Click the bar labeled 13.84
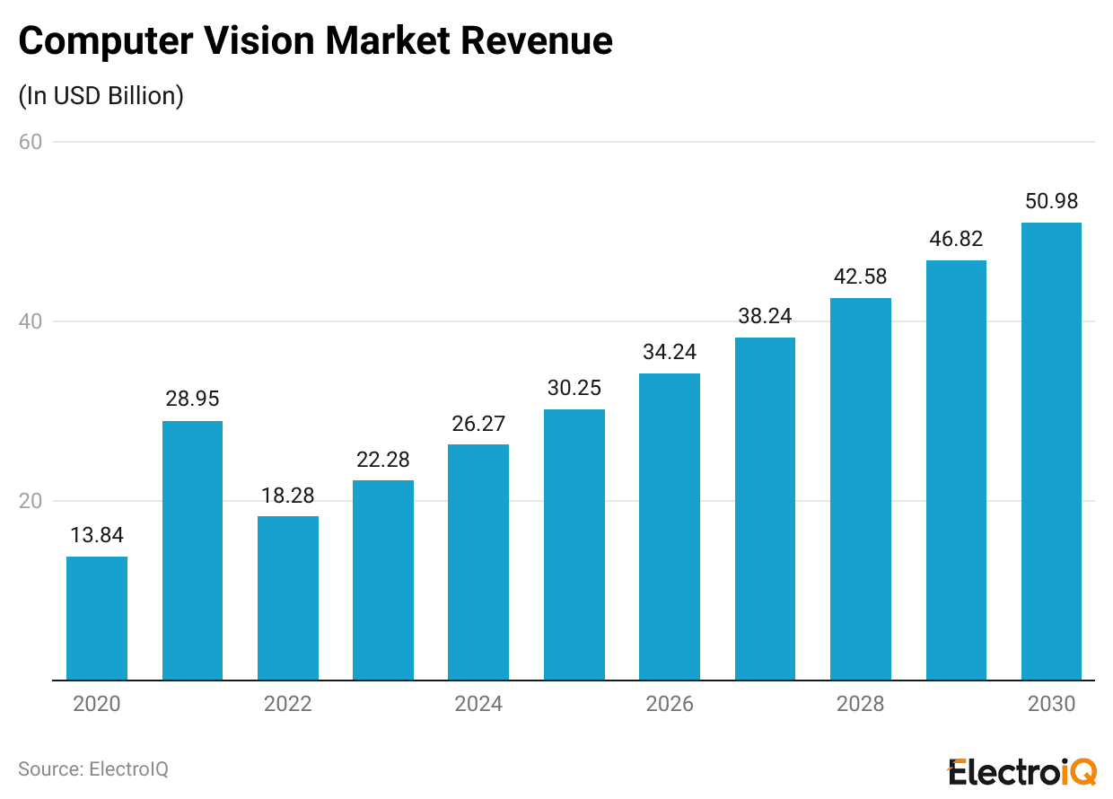[x=97, y=619]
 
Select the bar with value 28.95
[x=192, y=550]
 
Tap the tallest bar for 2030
[x=1051, y=452]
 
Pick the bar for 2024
[x=478, y=562]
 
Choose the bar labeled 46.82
[x=956, y=470]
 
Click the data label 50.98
[x=1051, y=201]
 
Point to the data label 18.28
[x=287, y=495]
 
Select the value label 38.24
[x=765, y=316]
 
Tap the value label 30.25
[x=574, y=388]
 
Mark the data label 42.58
[x=860, y=277]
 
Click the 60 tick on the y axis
[x=30, y=142]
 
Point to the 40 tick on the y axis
[x=30, y=321]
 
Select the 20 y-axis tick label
[x=30, y=501]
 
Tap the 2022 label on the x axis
[x=287, y=704]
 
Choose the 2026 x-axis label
[x=670, y=704]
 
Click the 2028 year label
[x=860, y=704]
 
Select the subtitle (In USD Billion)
[x=101, y=96]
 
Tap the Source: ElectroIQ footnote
[x=93, y=769]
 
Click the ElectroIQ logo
[x=1021, y=770]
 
